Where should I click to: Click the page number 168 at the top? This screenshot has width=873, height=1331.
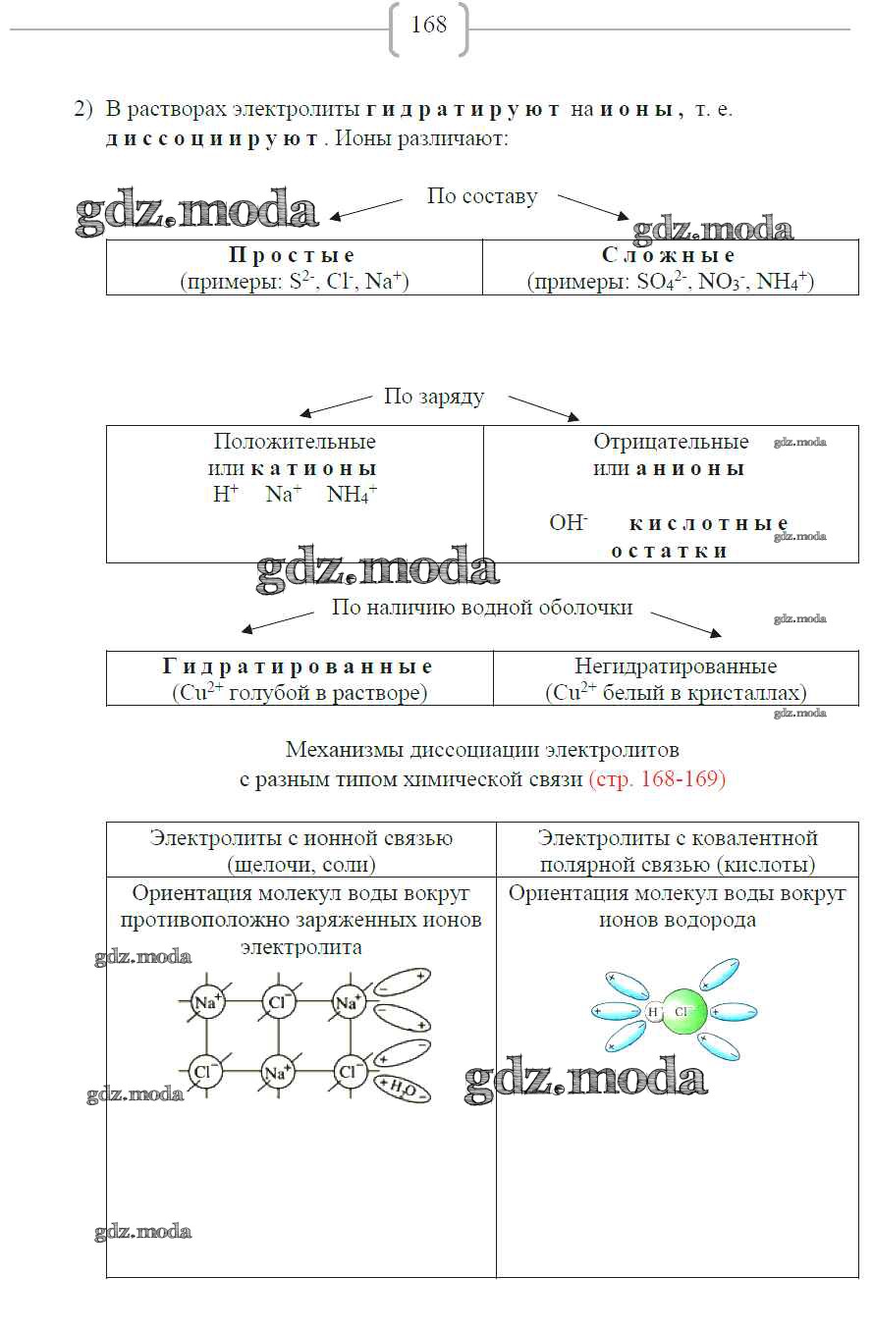click(429, 26)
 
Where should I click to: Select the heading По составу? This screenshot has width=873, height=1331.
click(482, 196)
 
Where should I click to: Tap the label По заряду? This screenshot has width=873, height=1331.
click(434, 398)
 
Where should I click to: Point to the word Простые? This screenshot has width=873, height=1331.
click(292, 255)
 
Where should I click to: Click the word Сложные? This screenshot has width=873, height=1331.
click(668, 255)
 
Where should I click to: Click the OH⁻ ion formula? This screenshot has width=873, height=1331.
click(568, 522)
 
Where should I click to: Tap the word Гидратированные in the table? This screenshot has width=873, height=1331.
click(298, 666)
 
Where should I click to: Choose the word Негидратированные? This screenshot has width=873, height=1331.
click(676, 666)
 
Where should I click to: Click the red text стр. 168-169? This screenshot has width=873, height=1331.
click(657, 779)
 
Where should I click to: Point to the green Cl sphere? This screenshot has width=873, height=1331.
click(684, 1010)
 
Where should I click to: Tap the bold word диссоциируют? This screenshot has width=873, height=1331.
click(212, 138)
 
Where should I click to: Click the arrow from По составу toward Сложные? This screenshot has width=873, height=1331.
click(594, 206)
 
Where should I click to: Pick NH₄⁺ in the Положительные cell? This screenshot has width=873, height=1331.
click(352, 495)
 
